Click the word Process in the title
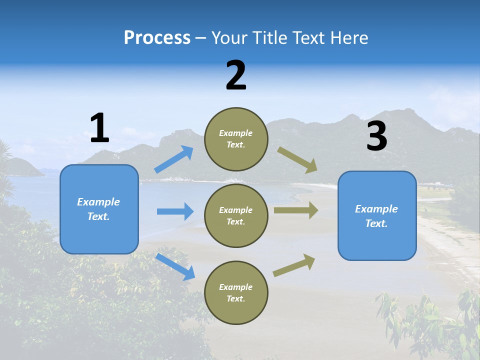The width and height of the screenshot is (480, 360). coord(157,38)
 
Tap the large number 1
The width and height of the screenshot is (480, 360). coord(99,128)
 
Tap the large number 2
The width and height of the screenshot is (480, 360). coord(236,76)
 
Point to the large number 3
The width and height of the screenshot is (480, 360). coord(376,136)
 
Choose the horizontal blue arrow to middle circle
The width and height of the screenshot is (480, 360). coord(175,211)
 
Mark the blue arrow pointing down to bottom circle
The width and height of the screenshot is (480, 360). coord(175,266)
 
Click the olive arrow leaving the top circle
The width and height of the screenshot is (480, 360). coord(297,160)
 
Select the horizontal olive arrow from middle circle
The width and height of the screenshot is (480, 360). coord(296,210)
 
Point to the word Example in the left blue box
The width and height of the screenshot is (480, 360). coord(98,202)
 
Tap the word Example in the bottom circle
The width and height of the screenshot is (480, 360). coord(235,287)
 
